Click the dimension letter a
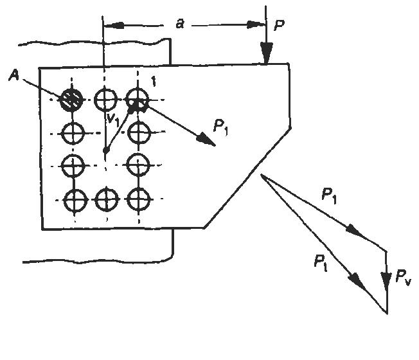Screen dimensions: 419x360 tap(180, 24)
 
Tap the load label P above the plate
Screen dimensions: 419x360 tap(280, 25)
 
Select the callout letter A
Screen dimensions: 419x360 tap(14, 75)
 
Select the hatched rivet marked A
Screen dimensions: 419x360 tap(71, 100)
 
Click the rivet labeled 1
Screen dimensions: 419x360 tap(138, 100)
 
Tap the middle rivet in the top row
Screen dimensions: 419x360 tap(106, 100)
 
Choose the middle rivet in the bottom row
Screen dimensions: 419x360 tap(107, 199)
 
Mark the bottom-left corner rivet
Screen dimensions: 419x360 tap(75, 200)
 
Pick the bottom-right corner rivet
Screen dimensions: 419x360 tap(138, 199)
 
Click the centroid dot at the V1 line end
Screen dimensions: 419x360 tap(106, 150)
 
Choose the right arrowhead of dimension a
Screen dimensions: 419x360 tap(256, 25)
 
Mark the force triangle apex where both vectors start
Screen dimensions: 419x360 tap(261, 174)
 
